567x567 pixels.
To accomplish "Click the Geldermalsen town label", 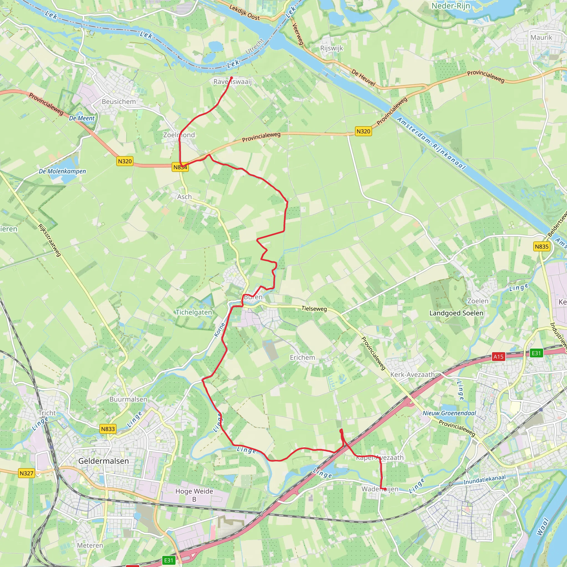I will pos(103,461).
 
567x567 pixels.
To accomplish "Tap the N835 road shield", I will pos(542,246).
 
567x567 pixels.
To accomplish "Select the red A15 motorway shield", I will pos(498,357).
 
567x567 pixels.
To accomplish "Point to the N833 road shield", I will pos(108,429).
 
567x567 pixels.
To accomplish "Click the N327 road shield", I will pos(26,473).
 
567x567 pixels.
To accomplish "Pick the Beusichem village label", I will pos(118,102).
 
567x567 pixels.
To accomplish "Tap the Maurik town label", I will pos(541,37).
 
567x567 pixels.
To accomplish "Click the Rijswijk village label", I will pos(331,48).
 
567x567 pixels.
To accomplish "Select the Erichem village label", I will pos(302,357).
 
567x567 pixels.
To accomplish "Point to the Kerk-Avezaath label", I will pos(412,375).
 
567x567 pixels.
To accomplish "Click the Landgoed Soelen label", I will pos(456,313).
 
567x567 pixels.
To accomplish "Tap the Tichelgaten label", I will pos(194,312).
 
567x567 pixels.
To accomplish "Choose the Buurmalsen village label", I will pos(128,399).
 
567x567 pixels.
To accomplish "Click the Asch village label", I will pos(184,197).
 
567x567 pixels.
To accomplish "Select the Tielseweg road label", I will pos(314,308).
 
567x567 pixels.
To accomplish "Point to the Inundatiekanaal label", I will pos(484,480).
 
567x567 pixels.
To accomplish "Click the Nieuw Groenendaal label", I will pos(449,413).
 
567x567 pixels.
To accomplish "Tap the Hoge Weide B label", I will pos(194,495).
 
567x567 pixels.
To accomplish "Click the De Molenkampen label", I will pos(62,171).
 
